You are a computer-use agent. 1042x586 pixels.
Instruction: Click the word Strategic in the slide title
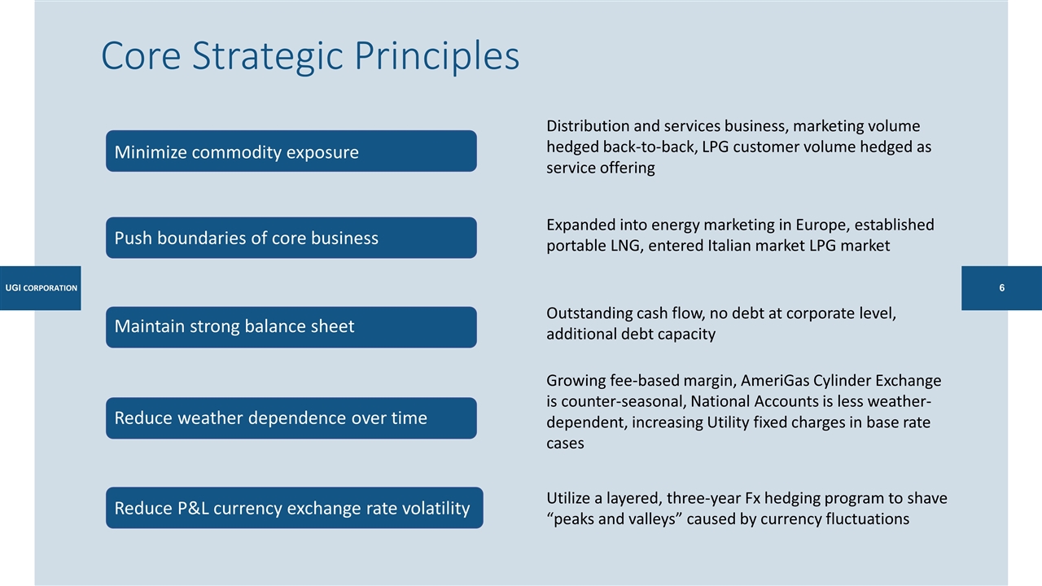point(268,56)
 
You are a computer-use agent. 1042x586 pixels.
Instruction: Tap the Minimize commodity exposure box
point(291,151)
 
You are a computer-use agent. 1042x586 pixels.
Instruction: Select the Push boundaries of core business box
point(291,238)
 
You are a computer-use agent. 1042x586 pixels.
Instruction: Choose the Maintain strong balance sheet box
point(291,327)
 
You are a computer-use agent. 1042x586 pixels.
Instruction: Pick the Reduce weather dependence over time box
point(291,418)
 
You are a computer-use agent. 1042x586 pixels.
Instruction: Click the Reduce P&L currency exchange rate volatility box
point(295,507)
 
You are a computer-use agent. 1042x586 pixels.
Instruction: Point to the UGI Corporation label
point(41,288)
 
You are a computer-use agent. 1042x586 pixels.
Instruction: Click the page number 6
point(1001,288)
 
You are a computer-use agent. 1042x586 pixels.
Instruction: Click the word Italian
point(729,246)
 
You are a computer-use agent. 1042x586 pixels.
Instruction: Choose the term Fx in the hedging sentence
point(753,499)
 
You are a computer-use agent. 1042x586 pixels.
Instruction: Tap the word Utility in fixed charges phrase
point(728,422)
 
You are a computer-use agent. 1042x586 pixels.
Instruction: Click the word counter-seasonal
point(623,401)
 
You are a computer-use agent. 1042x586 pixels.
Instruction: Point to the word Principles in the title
point(437,56)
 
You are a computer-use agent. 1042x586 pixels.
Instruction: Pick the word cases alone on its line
point(565,444)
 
